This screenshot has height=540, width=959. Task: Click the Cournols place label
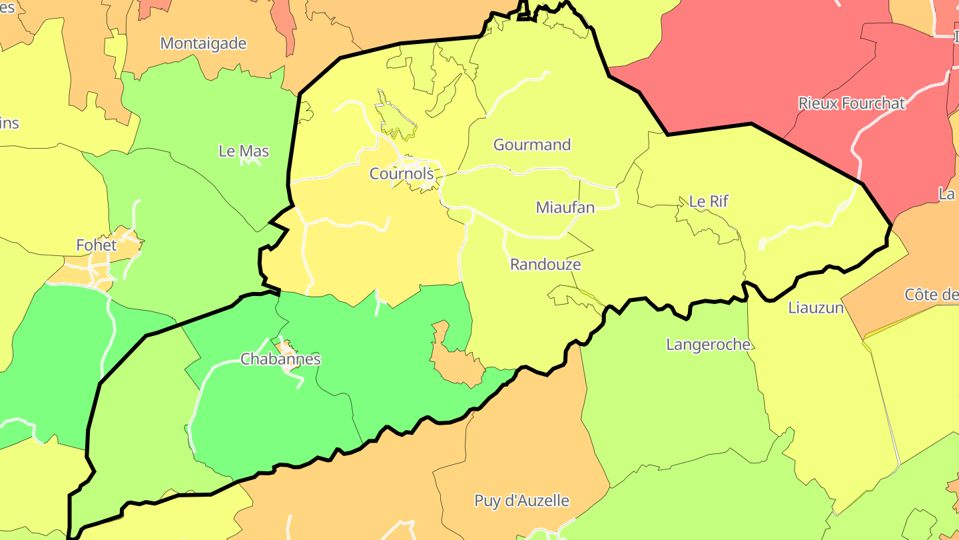coord(402,174)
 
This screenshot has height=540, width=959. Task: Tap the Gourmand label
coord(531,145)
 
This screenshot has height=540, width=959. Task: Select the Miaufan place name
coord(565,207)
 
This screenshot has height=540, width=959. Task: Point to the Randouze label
coord(545,265)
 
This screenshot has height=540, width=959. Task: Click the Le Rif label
coord(709,201)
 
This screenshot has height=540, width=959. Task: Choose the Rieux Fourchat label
coord(851,103)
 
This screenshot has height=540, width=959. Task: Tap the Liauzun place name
coord(815,308)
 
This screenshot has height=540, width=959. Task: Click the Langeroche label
coord(708,345)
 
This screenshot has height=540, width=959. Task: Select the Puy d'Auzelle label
coord(521,501)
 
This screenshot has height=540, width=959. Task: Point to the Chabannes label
coord(280,359)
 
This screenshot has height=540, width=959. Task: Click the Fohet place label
coord(96,245)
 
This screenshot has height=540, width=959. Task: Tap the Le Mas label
coord(244,151)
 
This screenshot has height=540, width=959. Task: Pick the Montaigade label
coord(203,44)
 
